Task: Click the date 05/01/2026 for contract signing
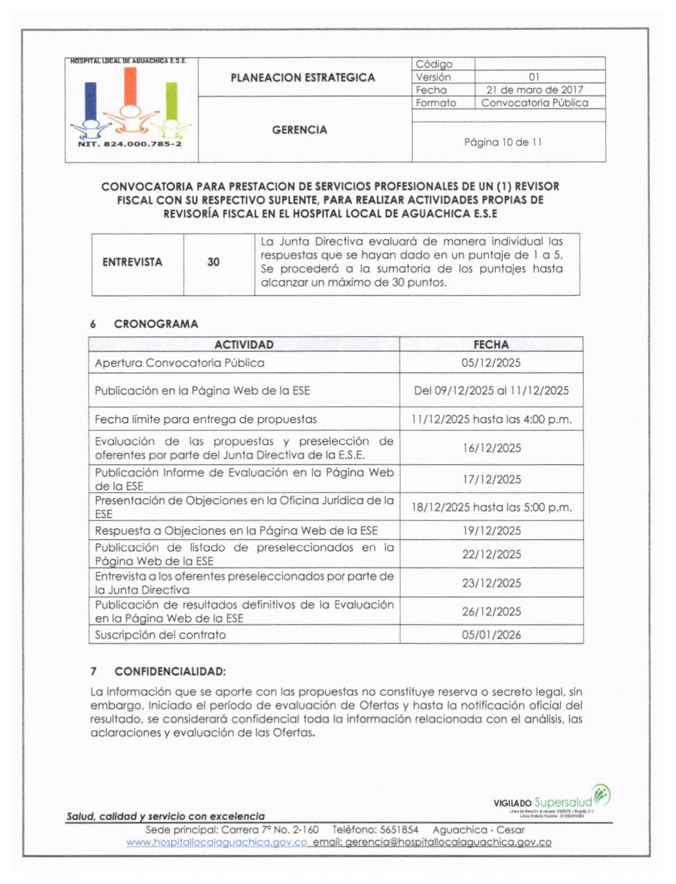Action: [x=491, y=635]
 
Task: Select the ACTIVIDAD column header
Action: [x=244, y=344]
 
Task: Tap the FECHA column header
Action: [x=491, y=344]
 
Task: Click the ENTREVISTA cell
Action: [x=132, y=262]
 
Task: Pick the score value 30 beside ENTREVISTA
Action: [x=213, y=262]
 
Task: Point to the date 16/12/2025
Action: [x=491, y=448]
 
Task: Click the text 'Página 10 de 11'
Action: [x=502, y=142]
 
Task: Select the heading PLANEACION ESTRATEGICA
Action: [x=302, y=78]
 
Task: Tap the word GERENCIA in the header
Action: [x=299, y=130]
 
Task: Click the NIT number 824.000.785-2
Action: [x=130, y=144]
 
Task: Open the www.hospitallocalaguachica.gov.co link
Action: [x=216, y=842]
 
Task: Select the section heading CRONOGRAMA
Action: [x=156, y=324]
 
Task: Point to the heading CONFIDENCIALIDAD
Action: [x=170, y=671]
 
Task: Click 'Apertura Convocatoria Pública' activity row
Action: [x=180, y=363]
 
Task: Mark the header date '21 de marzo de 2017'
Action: [x=534, y=90]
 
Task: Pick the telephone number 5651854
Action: [x=399, y=829]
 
